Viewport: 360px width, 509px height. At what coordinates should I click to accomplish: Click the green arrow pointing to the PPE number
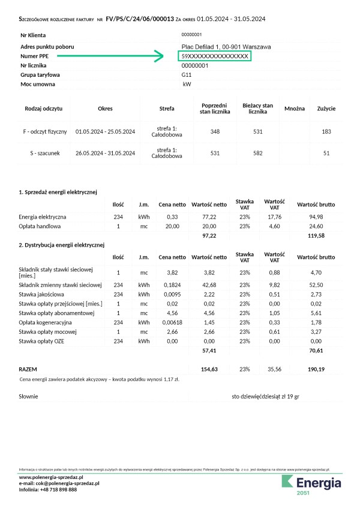[126, 56]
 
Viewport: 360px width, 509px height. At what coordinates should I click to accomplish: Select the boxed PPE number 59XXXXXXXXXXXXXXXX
[214, 56]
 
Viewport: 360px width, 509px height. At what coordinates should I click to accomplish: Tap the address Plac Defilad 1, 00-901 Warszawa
[226, 46]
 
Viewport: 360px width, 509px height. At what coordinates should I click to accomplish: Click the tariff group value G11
[187, 75]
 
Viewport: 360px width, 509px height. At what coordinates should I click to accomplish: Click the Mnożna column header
[294, 108]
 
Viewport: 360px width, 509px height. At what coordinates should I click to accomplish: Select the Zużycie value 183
[326, 131]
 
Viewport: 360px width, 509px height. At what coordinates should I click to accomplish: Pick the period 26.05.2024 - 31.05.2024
[105, 153]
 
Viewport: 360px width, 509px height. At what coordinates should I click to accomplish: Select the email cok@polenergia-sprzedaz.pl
[59, 483]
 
